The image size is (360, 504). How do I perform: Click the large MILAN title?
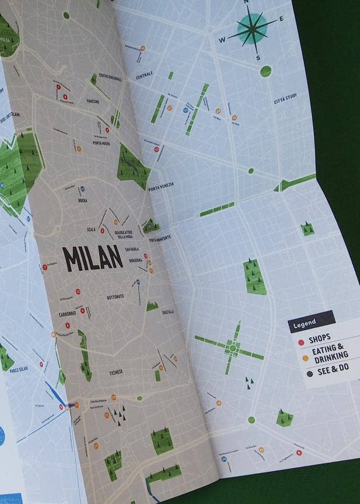coord(92,258)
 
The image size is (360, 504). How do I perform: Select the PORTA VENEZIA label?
coord(162,187)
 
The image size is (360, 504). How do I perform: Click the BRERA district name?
coord(83,200)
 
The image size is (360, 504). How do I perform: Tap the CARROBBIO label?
coord(67,314)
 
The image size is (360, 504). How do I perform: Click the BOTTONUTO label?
coord(115,297)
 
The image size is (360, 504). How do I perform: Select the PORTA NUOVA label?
coord(102,142)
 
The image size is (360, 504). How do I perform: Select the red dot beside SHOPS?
coord(301,341)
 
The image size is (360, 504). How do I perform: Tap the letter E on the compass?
coord(281,19)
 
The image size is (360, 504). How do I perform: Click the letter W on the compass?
coord(222,40)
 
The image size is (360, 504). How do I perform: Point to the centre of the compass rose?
coord(252,29)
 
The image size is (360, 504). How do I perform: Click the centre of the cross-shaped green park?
coord(232,348)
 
